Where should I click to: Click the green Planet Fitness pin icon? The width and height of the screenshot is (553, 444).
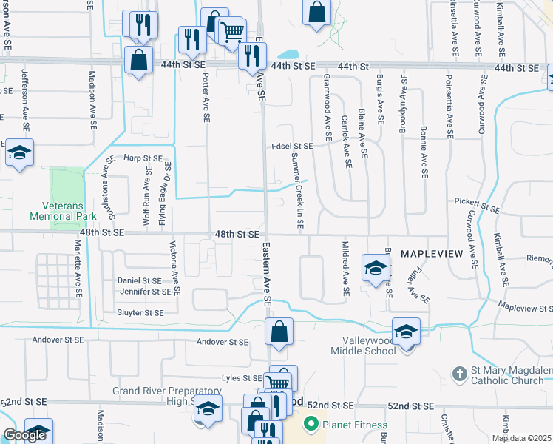311,425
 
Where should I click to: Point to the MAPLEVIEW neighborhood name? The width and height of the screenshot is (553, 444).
431,254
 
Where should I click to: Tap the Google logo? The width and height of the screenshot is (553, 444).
24,435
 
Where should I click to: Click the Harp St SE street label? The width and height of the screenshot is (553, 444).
142,158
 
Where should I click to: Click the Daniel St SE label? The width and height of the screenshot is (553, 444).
139,281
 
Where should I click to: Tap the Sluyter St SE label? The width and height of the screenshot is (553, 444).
140,313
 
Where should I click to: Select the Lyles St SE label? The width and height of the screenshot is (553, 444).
242,378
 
